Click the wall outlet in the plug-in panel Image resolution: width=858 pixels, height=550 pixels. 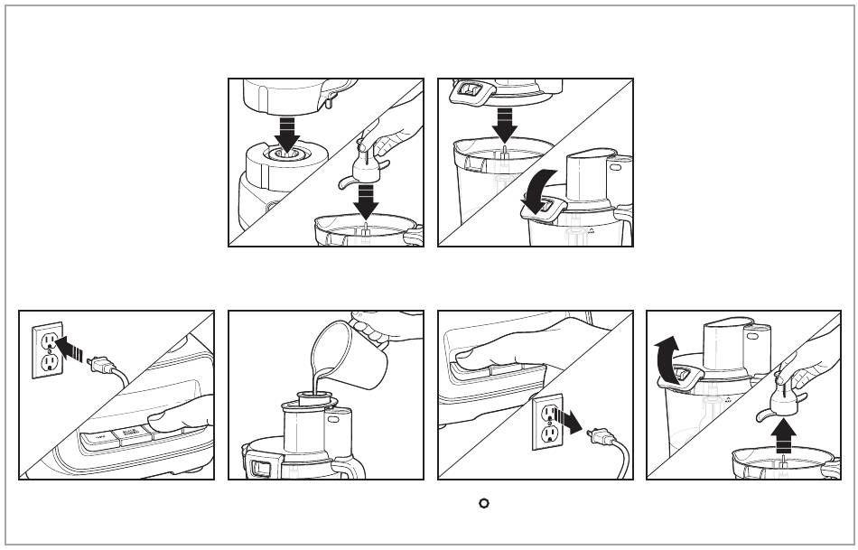(47, 351)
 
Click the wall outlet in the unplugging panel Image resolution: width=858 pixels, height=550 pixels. (547, 423)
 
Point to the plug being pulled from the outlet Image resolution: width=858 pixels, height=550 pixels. (597, 439)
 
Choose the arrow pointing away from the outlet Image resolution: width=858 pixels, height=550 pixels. (570, 420)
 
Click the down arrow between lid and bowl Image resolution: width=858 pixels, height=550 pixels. (506, 122)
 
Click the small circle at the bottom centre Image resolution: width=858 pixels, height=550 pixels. (483, 502)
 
